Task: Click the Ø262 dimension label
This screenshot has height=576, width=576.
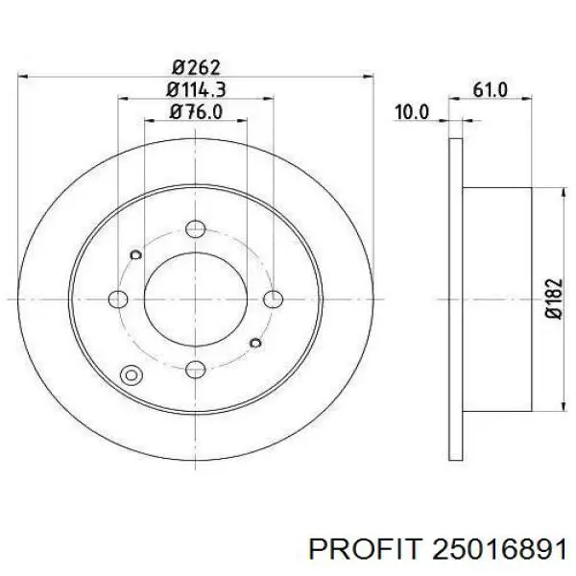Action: click(x=196, y=67)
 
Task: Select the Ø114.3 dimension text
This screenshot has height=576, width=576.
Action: click(x=196, y=89)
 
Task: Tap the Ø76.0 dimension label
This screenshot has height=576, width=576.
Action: click(x=196, y=111)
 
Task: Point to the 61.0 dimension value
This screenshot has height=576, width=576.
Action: click(x=490, y=89)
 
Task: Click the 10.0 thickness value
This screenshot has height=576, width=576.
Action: click(x=412, y=111)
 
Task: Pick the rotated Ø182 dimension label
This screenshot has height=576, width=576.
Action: click(x=554, y=299)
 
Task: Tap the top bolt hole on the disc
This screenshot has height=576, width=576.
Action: click(x=196, y=228)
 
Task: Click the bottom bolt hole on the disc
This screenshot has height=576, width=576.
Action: click(x=196, y=370)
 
